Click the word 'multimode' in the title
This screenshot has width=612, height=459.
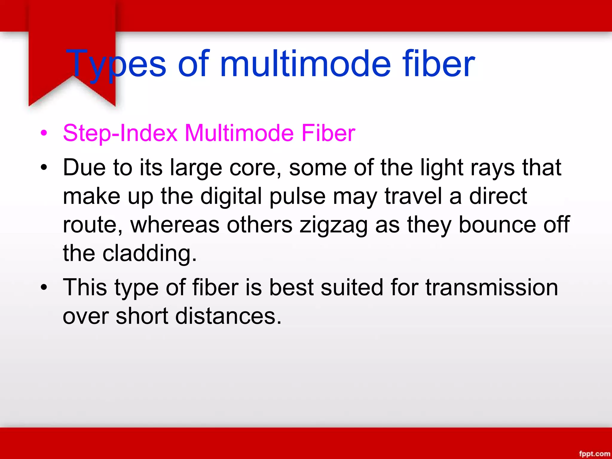(x=305, y=64)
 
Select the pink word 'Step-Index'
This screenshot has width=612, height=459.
(x=120, y=133)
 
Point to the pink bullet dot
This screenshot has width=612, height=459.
(x=44, y=133)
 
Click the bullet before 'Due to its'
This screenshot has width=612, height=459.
(x=44, y=168)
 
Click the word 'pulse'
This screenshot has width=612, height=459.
(x=297, y=197)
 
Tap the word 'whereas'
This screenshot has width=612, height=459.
(x=175, y=225)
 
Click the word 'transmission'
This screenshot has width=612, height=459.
(x=492, y=287)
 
